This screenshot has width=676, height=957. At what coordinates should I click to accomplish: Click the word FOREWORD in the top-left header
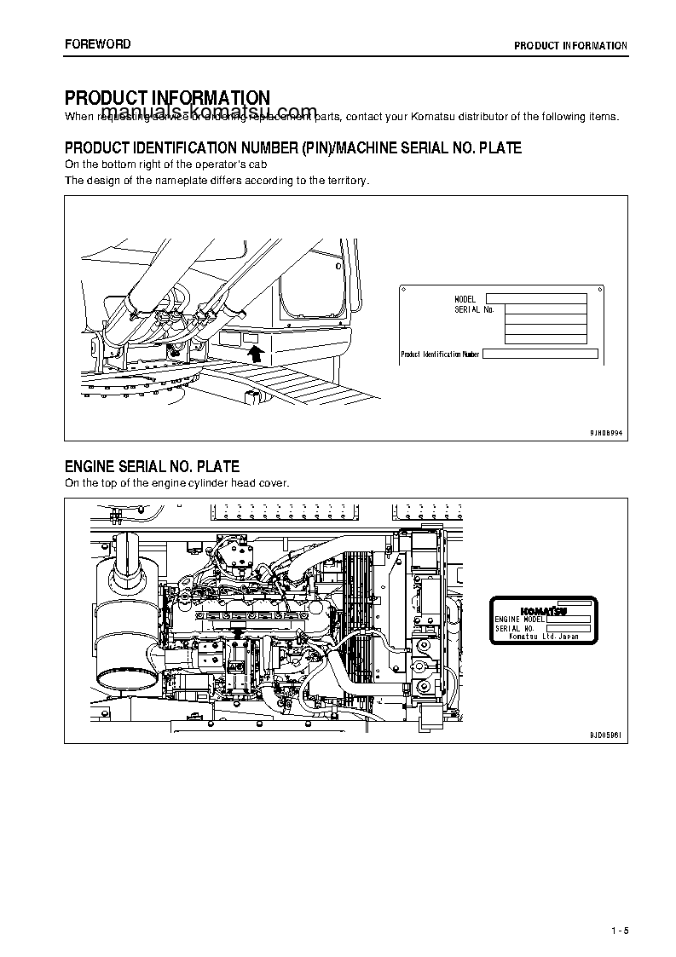tap(98, 44)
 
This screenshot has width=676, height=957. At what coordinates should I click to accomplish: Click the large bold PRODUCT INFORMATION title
tap(168, 99)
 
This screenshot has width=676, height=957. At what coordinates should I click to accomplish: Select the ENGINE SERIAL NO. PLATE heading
tap(152, 467)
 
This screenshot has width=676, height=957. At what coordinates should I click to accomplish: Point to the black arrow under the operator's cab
tap(253, 349)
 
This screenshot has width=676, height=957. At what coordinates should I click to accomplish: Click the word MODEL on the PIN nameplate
tap(465, 299)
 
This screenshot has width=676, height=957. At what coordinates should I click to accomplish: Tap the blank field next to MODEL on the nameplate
tap(536, 299)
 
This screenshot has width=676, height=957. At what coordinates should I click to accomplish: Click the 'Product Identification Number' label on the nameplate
tap(440, 354)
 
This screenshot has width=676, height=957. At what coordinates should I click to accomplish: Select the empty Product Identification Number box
tap(540, 354)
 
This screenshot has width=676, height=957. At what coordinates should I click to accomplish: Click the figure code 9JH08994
tap(606, 433)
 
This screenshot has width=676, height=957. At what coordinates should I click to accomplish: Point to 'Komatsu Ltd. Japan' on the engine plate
tap(543, 637)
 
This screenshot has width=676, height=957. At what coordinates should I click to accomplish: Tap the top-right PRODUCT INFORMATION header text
tap(570, 46)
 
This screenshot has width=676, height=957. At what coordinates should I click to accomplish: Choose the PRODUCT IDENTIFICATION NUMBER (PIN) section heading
tap(293, 148)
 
